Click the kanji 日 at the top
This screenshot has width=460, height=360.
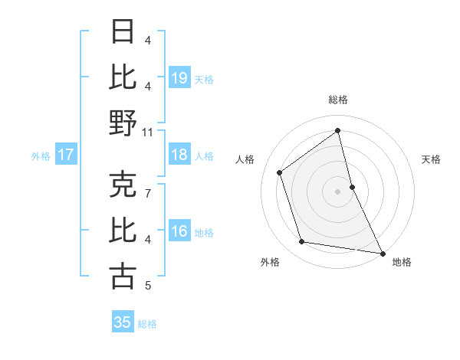(x=123, y=32)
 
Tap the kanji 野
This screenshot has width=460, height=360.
(x=123, y=123)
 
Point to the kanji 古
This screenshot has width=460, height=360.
(x=123, y=276)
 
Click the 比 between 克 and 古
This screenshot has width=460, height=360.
(x=123, y=230)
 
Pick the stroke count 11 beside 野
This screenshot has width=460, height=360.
(x=148, y=132)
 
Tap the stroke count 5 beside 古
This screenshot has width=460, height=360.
(x=148, y=286)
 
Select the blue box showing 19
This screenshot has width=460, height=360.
(x=179, y=77)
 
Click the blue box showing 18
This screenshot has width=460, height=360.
(x=179, y=155)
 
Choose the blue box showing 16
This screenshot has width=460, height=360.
(x=179, y=231)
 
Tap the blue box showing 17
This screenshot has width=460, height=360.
(x=66, y=155)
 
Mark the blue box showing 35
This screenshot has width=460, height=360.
(x=123, y=322)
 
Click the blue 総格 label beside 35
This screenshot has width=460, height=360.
(x=147, y=324)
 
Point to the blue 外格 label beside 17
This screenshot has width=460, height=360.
(x=41, y=156)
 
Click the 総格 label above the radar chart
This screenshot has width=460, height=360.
(x=338, y=100)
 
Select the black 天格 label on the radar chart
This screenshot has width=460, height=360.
(x=432, y=159)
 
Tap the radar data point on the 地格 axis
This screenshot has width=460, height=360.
(x=382, y=253)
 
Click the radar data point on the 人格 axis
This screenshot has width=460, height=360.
(x=280, y=172)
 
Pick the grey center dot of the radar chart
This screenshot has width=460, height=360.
(x=338, y=191)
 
